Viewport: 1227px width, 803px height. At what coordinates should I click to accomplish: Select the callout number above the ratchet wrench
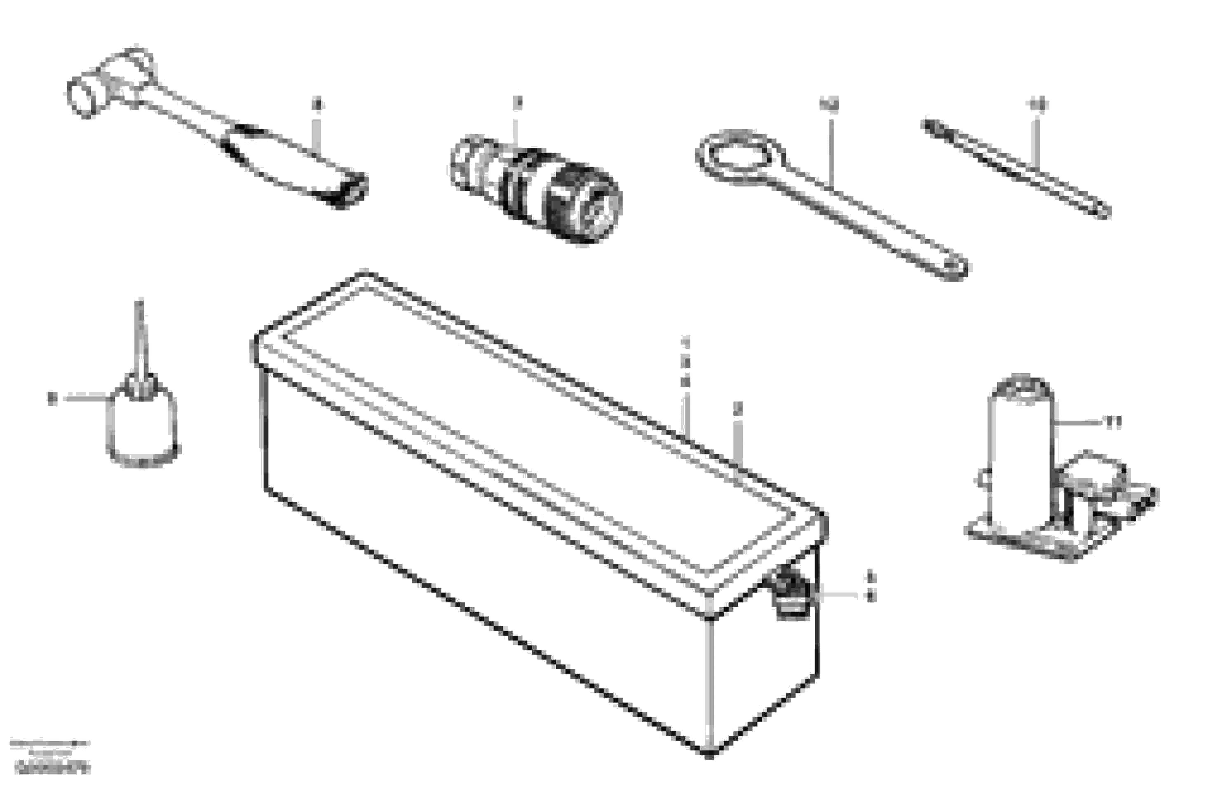point(317,105)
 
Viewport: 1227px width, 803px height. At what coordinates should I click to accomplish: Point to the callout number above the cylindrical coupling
point(517,103)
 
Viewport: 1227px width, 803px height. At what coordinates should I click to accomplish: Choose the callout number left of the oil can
point(52,398)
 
